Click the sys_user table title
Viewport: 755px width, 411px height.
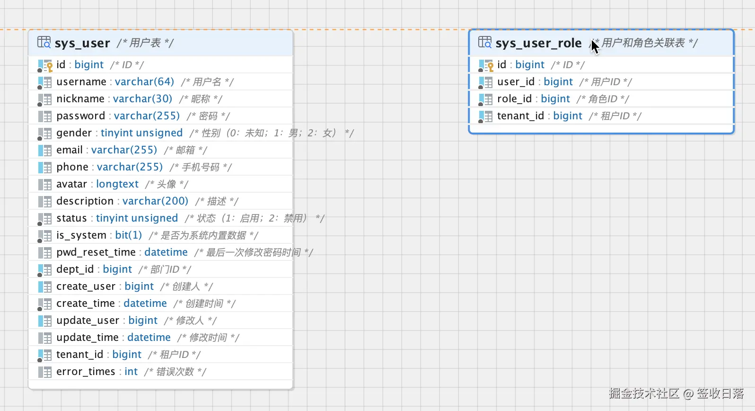82,43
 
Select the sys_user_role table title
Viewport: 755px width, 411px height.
538,43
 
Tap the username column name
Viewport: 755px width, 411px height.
81,81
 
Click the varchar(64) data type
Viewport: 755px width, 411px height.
144,81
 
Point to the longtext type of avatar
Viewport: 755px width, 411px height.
117,184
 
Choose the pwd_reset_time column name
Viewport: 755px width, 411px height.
96,252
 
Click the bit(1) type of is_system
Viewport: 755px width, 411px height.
128,235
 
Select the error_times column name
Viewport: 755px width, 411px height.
86,372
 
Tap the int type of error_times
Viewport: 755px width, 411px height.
131,372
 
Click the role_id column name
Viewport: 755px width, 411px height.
514,99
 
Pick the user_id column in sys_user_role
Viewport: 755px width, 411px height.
516,81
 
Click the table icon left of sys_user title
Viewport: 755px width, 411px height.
44,42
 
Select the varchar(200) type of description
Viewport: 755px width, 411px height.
155,201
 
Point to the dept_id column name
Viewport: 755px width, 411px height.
75,269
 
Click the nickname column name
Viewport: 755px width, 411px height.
80,99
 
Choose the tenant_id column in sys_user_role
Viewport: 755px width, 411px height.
520,116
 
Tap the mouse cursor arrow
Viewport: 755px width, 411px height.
595,46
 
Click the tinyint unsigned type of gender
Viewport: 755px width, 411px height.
141,133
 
